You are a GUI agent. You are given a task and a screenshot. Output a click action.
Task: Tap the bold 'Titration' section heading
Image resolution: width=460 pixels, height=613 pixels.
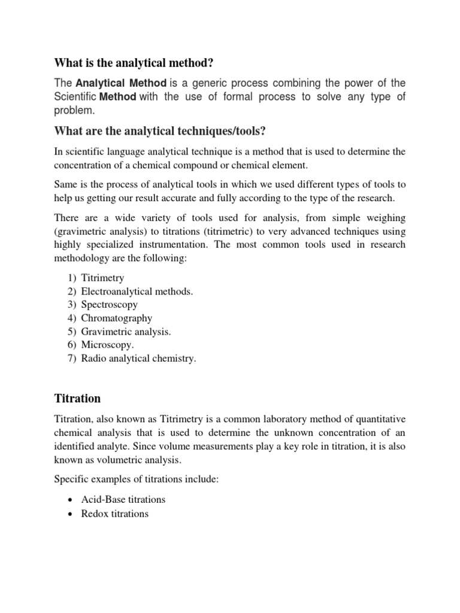pos(77,398)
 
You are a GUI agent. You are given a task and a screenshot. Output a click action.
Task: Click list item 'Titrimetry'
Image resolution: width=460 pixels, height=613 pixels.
pos(103,278)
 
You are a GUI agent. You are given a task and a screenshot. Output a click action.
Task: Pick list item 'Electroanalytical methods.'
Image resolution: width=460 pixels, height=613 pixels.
pos(137,292)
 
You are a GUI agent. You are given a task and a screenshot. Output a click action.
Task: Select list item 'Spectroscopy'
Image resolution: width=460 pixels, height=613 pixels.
pos(109,305)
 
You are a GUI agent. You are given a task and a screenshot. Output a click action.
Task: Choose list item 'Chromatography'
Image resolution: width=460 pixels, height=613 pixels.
pos(116,318)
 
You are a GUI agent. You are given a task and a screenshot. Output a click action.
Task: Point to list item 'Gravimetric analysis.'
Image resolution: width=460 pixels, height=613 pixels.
pos(126,332)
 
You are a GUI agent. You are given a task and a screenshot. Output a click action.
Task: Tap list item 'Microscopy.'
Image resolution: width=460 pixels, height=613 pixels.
pos(107,345)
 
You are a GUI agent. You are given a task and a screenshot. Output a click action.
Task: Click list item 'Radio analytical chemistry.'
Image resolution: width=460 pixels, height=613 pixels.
pos(138,359)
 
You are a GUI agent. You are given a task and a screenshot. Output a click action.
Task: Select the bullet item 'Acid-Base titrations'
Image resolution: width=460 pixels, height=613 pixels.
pos(123,499)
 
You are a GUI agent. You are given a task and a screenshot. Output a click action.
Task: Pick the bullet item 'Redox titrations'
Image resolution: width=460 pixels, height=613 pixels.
pos(114,514)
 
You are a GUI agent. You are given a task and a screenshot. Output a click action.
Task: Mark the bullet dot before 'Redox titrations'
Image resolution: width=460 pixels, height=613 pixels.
pos(71,514)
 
